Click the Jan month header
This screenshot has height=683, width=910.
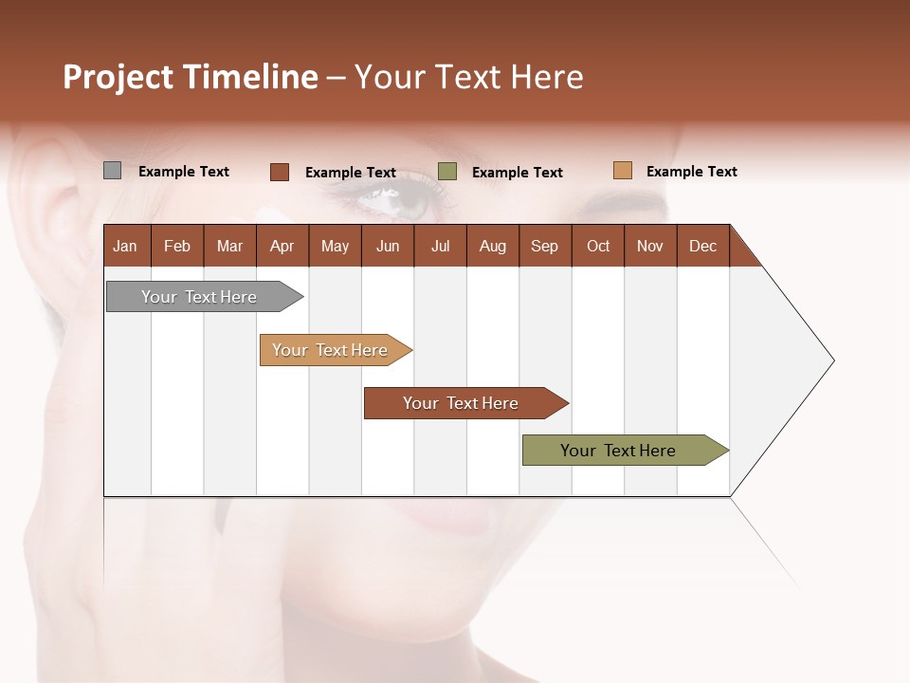pos(125,246)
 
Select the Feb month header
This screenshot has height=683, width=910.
pos(177,246)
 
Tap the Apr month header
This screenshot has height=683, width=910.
pos(282,246)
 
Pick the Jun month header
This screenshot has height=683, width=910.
pos(387,246)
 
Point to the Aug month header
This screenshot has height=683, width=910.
pos(492,246)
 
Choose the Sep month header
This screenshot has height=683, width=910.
pos(544,246)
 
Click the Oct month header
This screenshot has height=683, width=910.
pos(598,246)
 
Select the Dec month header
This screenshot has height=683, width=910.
pos(702,246)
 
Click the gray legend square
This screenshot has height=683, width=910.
pos(113,171)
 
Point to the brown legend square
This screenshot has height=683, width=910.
pos(280,172)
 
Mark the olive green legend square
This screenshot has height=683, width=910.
pos(447,172)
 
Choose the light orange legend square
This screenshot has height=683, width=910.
pos(622,171)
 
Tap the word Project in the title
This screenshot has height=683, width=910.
pos(118,77)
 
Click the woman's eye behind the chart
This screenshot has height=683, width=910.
pos(393,198)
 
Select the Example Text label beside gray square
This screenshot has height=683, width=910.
pos(184,172)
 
